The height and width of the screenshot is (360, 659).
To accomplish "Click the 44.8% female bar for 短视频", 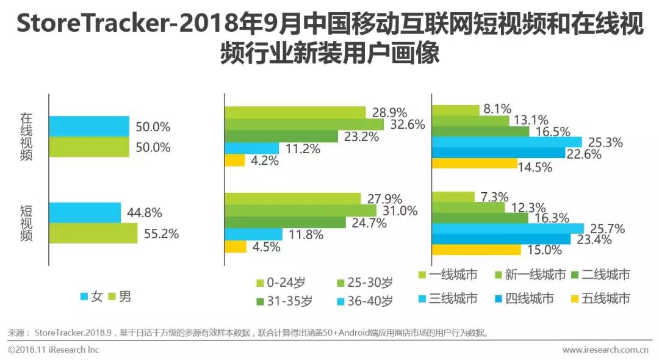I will coord(85,213).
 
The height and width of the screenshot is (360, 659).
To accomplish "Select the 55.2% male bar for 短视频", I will coord(93,233).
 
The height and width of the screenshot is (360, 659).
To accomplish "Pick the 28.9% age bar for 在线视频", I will coord(295,112).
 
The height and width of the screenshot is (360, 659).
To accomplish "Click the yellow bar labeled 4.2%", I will coord(235,160).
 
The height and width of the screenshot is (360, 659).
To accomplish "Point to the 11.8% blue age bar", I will coord(254,234).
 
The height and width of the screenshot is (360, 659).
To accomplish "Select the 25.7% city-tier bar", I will coord(508,228).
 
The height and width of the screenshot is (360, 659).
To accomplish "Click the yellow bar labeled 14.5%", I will coord(474,164).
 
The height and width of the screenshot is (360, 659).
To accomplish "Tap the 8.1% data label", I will coord(497,110).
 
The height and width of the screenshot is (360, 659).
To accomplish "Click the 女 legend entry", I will coord(92,297).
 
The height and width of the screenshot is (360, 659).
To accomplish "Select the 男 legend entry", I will coord(120,297).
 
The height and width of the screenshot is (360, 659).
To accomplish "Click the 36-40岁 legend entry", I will coord(364,301).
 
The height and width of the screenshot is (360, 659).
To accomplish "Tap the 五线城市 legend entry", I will coord(600,298).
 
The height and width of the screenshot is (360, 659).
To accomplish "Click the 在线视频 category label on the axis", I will coord(26,137).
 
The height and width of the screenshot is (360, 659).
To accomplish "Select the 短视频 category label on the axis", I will coord(26,223).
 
